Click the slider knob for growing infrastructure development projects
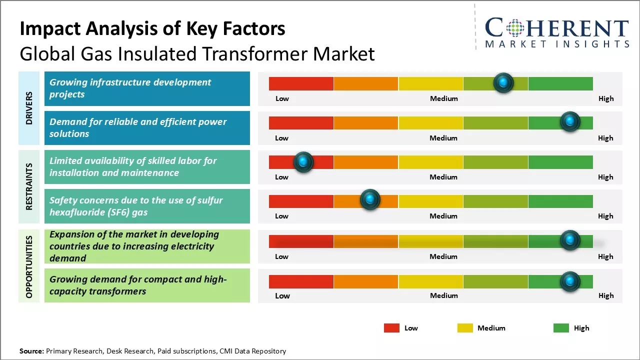tap(503, 82)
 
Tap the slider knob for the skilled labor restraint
tap(303, 162)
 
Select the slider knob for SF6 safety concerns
tap(370, 199)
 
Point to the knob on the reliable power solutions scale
tap(569, 121)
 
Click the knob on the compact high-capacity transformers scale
tap(569, 281)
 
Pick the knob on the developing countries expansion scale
tap(569, 240)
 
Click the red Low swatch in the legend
tap(391, 328)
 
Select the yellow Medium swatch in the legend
tap(465, 328)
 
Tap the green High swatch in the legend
tap(561, 328)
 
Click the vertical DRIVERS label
tap(29, 108)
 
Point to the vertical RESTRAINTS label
tap(29, 186)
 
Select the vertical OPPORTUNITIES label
tap(29, 267)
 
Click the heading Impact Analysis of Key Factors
tap(152, 28)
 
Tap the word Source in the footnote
tap(31, 351)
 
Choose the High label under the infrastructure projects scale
tap(605, 98)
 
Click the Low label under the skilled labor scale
tap(281, 177)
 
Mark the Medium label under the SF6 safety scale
tap(443, 216)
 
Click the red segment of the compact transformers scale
tap(301, 281)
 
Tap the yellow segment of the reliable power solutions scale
tap(430, 122)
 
